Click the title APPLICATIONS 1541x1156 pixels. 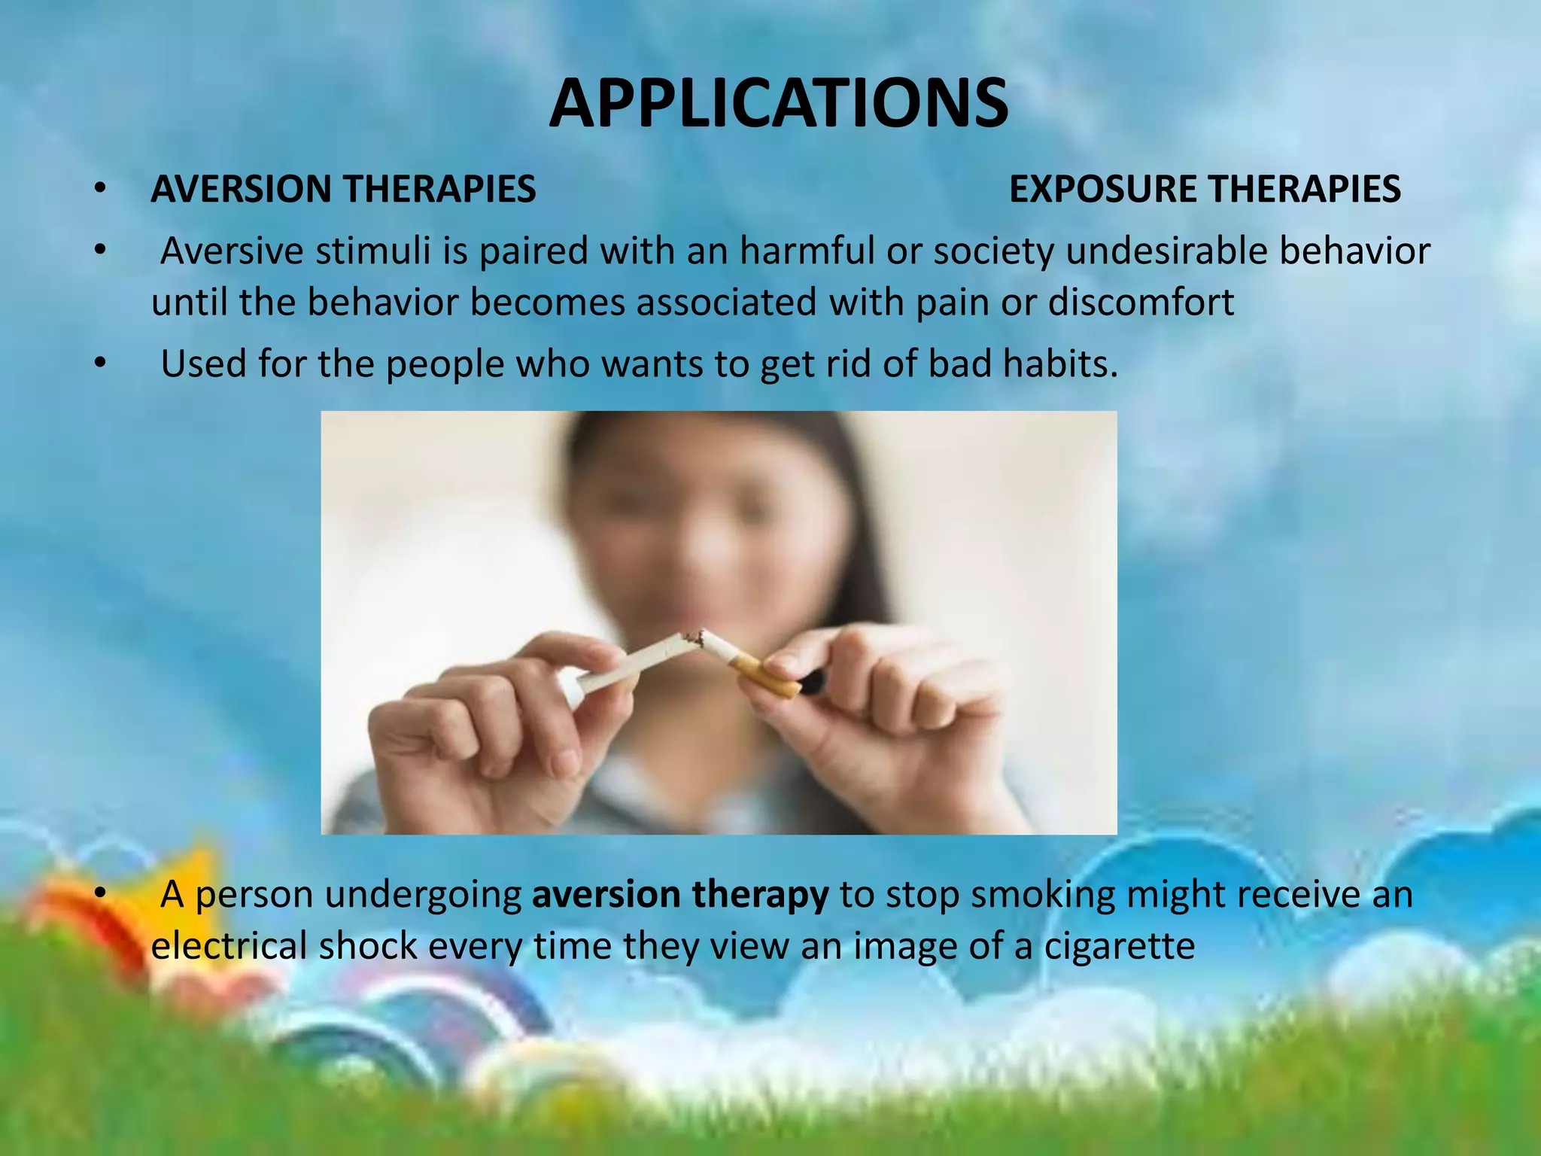point(778,104)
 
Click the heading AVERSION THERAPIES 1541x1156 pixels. point(343,189)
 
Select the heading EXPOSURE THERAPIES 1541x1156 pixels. point(1204,189)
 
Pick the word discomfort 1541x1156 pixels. point(1141,303)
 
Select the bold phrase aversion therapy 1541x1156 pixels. point(680,895)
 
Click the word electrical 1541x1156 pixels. point(229,946)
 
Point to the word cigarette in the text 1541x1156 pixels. point(1119,946)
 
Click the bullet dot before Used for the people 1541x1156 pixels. point(101,364)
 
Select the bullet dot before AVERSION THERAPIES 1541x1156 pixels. point(101,189)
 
